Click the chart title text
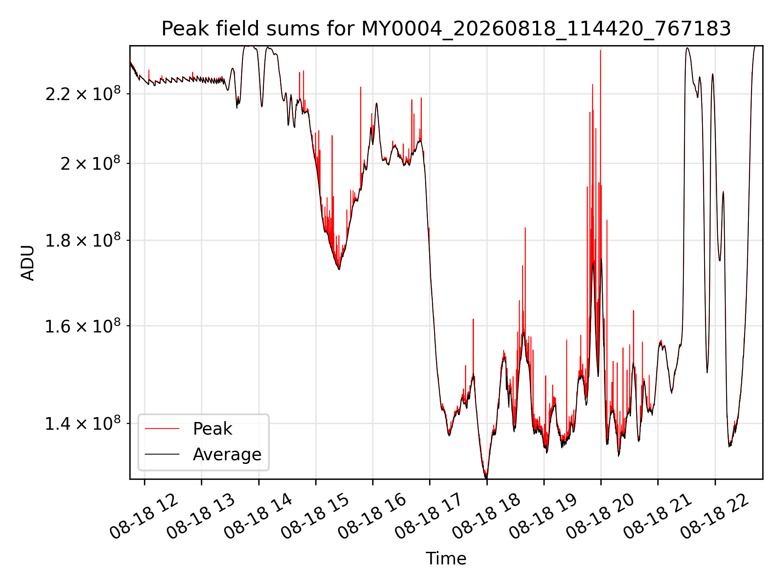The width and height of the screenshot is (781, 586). pos(446,29)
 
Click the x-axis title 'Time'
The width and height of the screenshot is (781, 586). pos(446,558)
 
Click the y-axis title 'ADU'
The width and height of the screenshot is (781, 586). pos(28,262)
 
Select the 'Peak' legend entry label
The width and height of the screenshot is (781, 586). pos(212,429)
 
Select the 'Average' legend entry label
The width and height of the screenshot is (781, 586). pos(227,454)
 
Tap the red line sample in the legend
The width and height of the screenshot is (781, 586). pos(162,429)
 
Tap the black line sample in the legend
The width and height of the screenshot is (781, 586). pos(162,454)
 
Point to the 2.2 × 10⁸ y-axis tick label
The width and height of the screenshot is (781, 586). pos(83,94)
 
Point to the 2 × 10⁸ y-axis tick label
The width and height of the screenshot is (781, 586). pos(91,163)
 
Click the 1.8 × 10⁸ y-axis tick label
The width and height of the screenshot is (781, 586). pos(83,240)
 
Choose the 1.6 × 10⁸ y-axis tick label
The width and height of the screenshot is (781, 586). pos(83,326)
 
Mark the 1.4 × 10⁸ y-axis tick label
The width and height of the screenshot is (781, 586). pos(83,423)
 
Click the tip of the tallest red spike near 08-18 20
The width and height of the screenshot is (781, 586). pos(600,50)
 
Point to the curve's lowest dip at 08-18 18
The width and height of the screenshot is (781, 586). pos(486,478)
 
